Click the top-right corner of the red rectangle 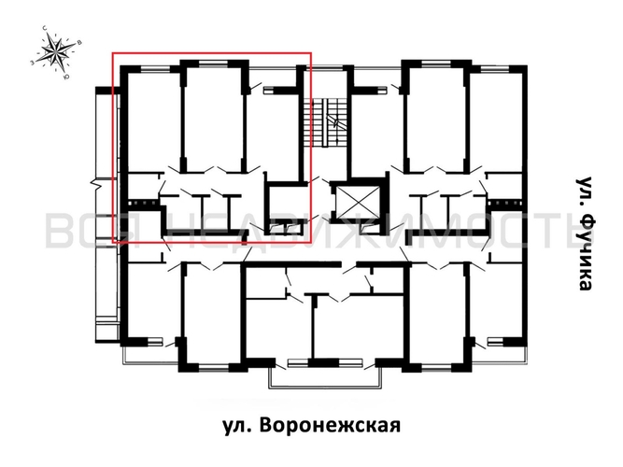click(310, 53)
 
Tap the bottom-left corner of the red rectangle click(114, 242)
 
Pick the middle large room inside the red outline click(213, 117)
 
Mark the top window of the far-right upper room click(494, 64)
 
